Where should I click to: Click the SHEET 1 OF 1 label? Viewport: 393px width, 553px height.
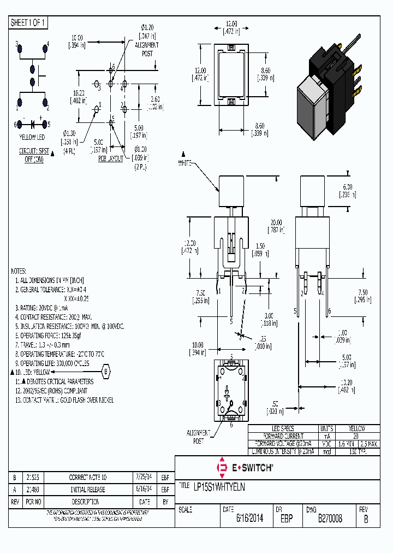29,22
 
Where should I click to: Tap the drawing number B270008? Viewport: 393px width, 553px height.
330,519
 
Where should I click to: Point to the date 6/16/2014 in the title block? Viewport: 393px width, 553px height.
249,519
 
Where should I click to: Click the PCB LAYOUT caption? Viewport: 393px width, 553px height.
111,159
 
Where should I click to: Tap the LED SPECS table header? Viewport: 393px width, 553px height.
283,428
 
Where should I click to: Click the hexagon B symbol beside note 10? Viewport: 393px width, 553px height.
106,372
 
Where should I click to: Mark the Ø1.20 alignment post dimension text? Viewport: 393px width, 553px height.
148,27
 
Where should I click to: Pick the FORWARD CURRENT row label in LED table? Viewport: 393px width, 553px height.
283,436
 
